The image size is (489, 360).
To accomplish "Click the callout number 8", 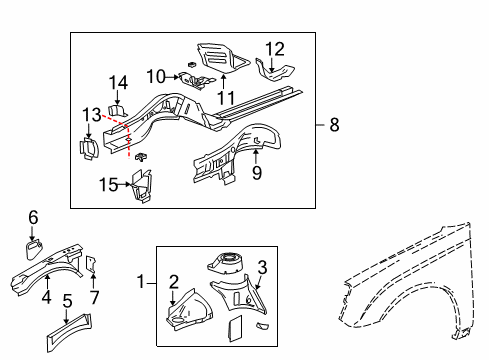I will (334, 125).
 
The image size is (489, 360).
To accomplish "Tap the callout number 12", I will (274, 49).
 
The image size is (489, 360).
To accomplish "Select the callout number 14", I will (119, 83).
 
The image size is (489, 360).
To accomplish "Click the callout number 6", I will (32, 216).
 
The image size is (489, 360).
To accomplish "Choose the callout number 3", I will (263, 265).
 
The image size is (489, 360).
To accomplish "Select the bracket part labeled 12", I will (274, 70).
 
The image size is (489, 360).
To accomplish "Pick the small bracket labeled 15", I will (140, 187).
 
